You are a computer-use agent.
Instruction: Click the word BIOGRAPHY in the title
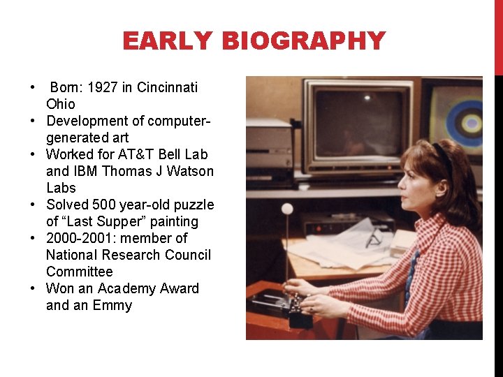tap(303, 41)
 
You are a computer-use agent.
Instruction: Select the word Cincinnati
tap(167, 87)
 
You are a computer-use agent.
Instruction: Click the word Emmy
tap(112, 305)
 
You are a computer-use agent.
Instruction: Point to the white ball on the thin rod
tap(286, 208)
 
